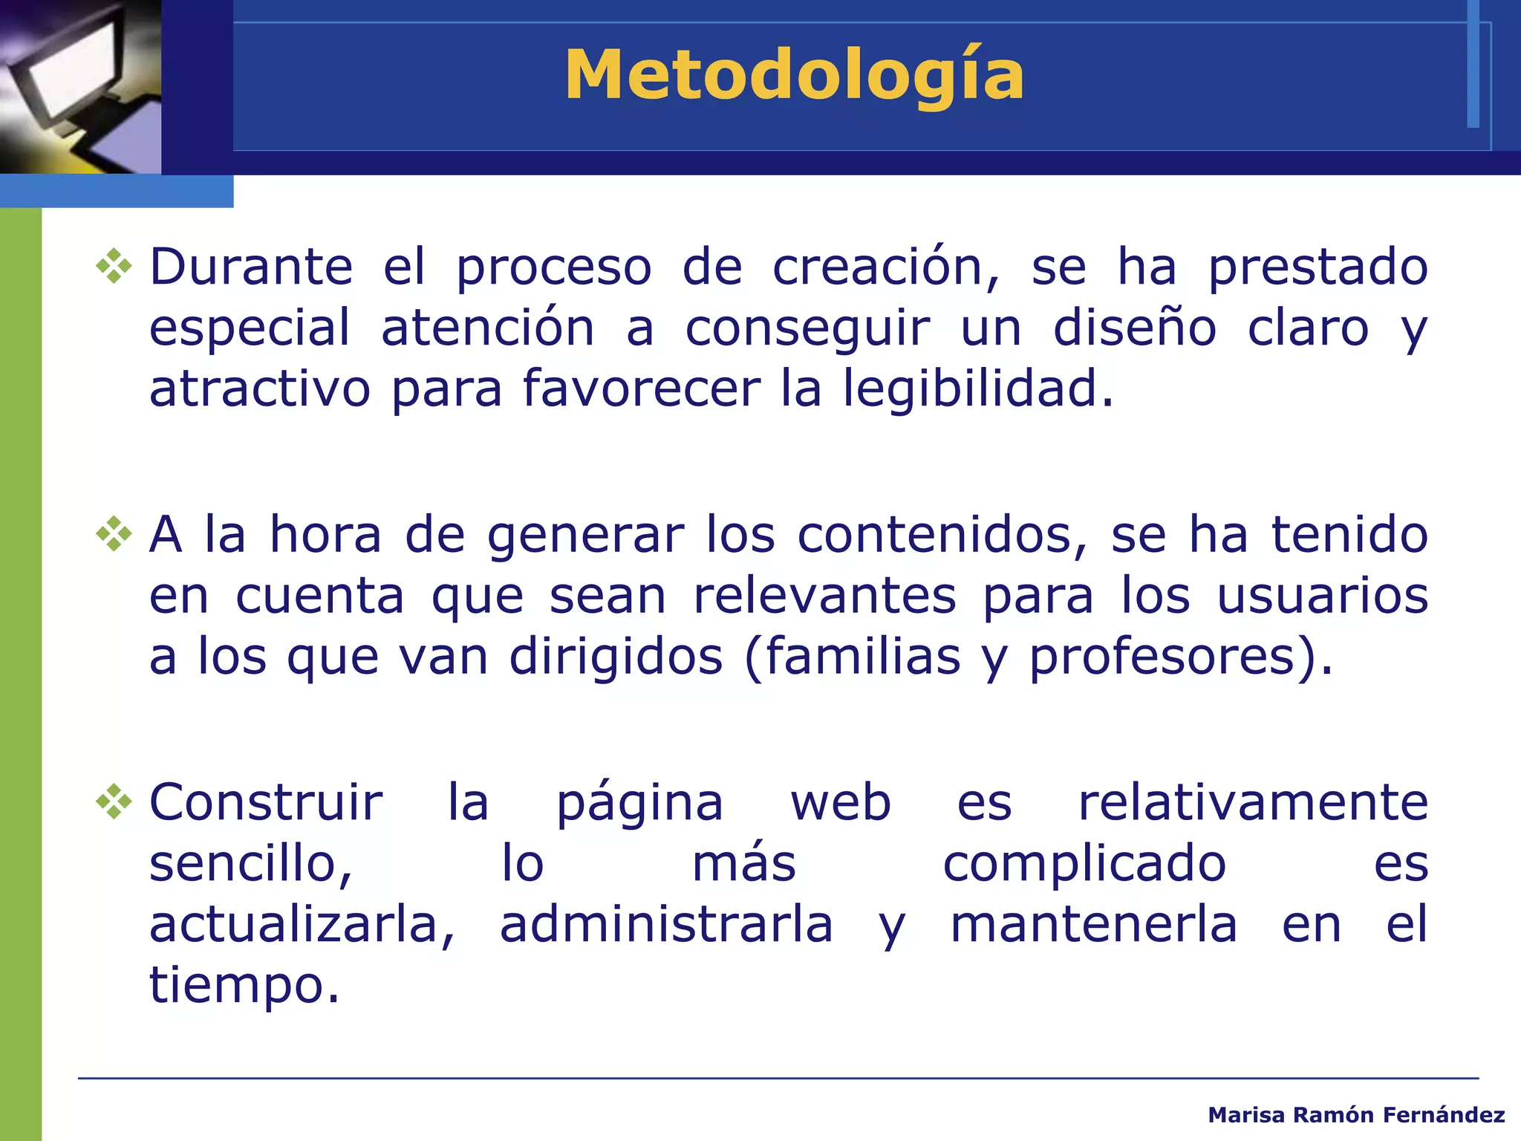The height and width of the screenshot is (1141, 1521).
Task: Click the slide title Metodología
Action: coord(794,76)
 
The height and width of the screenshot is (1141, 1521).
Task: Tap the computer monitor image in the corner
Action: coord(80,86)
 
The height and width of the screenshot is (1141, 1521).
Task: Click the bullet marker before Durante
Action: coord(114,267)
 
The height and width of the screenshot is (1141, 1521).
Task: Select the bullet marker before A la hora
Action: coord(114,534)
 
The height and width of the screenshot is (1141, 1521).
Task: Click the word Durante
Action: coord(251,267)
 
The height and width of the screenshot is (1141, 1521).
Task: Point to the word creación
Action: coord(885,267)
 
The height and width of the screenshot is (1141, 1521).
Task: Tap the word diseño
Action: coord(1134,328)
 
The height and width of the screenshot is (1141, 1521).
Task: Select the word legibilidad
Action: coord(977,389)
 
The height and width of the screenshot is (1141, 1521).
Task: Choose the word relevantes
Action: coord(824,596)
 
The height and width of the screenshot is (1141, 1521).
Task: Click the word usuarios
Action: coord(1322,596)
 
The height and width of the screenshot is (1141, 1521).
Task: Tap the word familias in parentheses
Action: coord(862,657)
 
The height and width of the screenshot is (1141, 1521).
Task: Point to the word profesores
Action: coord(1162,657)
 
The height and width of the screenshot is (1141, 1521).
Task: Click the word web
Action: coord(840,803)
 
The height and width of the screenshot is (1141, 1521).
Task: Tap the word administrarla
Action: coord(666,925)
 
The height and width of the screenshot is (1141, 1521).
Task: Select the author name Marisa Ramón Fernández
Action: coord(1356,1115)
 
